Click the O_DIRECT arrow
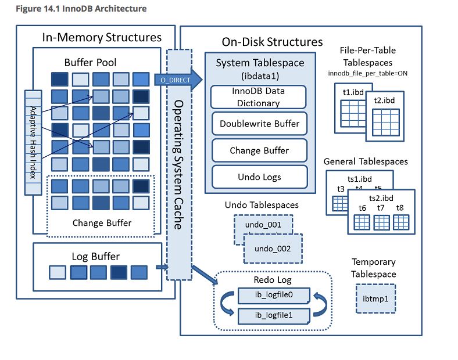[x=178, y=79]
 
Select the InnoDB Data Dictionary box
[x=259, y=97]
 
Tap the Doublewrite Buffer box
[x=259, y=124]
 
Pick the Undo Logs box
[x=259, y=177]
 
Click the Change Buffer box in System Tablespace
[x=259, y=150]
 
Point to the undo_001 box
[x=262, y=224]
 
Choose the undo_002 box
[x=273, y=249]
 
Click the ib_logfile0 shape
[x=273, y=296]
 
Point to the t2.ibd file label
[x=385, y=101]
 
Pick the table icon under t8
[x=400, y=222]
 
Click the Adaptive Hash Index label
[x=33, y=142]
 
